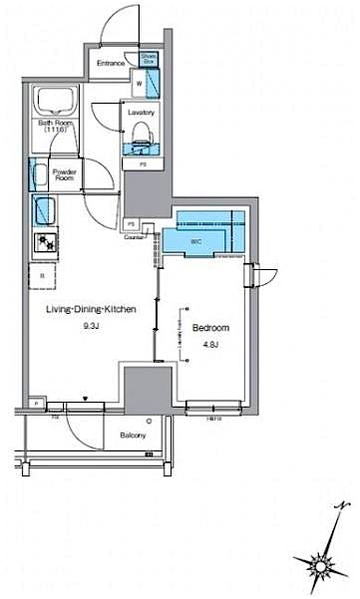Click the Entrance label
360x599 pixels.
pos(111,63)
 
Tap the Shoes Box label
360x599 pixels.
pos(149,60)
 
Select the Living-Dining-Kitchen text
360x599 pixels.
pos(90,310)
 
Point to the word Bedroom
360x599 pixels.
pos(210,328)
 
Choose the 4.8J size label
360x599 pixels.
pos(210,345)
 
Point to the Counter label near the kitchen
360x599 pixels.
pos(136,237)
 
